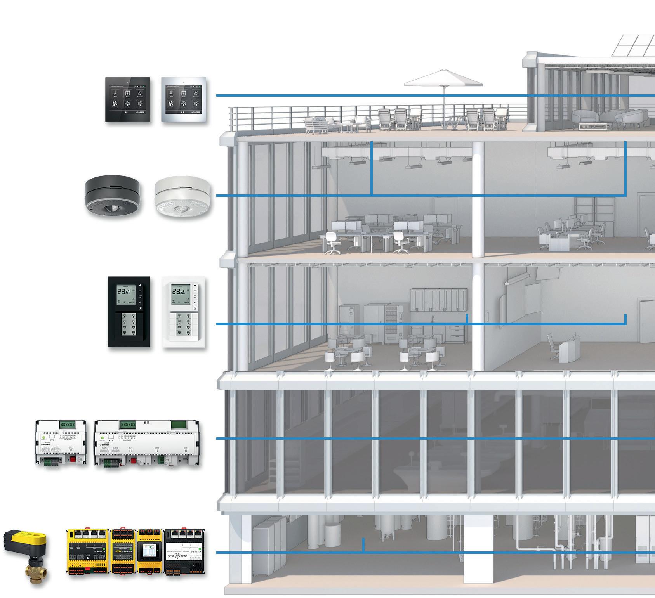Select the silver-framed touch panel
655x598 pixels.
tap(184, 99)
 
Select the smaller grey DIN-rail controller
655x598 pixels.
tap(61, 442)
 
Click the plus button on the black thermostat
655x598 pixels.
tap(140, 286)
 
